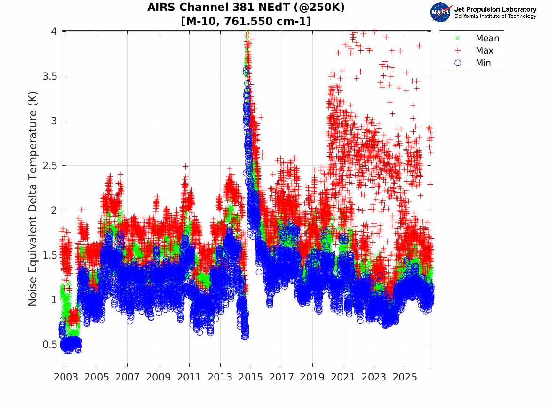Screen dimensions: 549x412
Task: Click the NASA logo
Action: pos(441,12)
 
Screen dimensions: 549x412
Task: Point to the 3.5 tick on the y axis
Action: pos(49,76)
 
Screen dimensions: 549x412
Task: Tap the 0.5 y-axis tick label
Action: pos(49,344)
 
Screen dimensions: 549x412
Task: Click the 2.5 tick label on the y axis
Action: pos(49,165)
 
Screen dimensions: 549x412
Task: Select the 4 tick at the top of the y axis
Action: pos(54,31)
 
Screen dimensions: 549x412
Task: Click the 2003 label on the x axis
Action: pos(66,377)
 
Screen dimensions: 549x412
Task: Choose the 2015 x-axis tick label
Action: pos(251,377)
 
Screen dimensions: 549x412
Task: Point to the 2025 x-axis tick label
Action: pos(405,377)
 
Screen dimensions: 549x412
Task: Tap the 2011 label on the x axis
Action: pos(189,377)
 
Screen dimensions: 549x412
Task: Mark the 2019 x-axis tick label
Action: pos(312,377)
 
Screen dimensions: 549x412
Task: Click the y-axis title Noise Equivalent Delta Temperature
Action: pos(32,199)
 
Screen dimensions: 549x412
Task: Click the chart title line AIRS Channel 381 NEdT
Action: pos(246,7)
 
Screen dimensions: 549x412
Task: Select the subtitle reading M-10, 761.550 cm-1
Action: pos(246,21)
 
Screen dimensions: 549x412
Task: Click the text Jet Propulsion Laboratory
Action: pos(495,9)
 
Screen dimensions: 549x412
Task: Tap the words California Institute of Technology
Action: pos(495,16)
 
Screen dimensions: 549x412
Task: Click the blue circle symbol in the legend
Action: pos(458,63)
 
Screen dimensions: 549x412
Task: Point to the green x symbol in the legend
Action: pos(458,38)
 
